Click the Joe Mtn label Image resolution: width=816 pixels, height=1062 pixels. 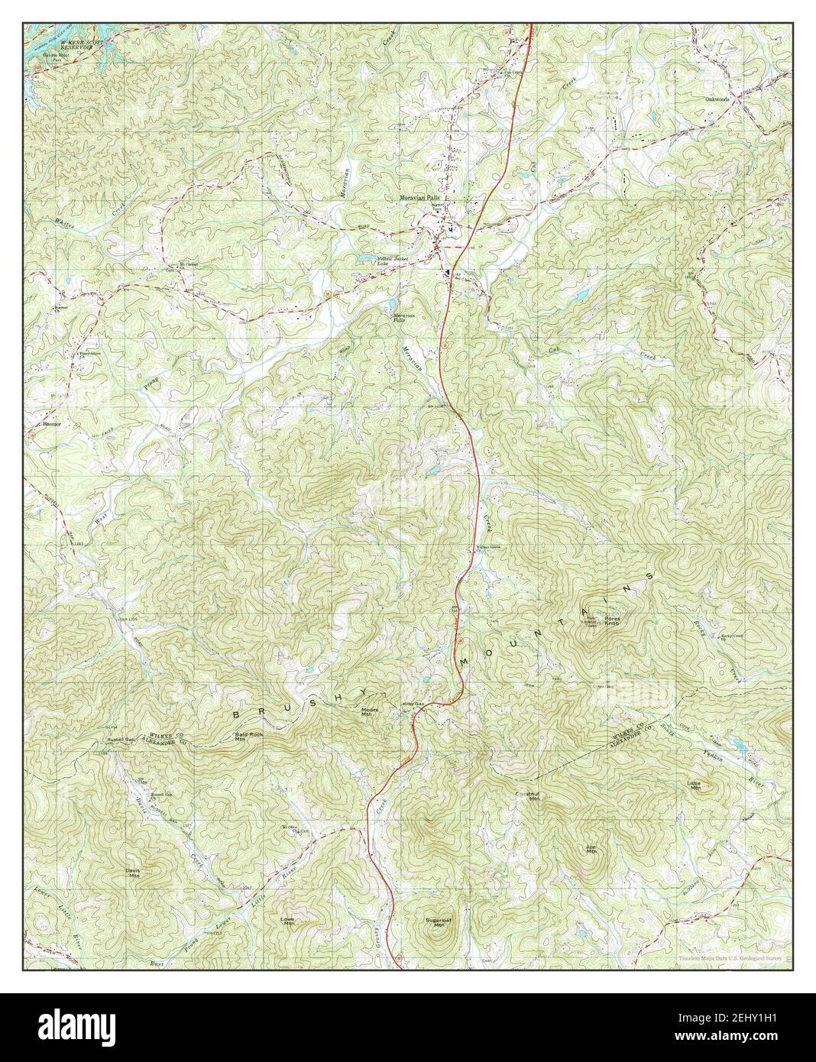(x=591, y=849)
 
